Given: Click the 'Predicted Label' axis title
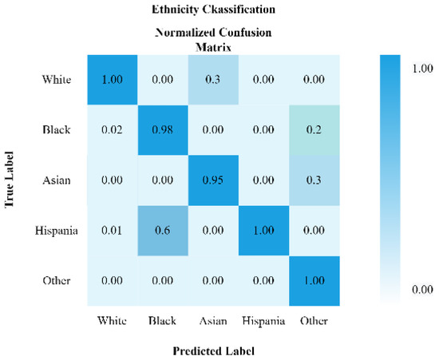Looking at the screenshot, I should tap(219, 350).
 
